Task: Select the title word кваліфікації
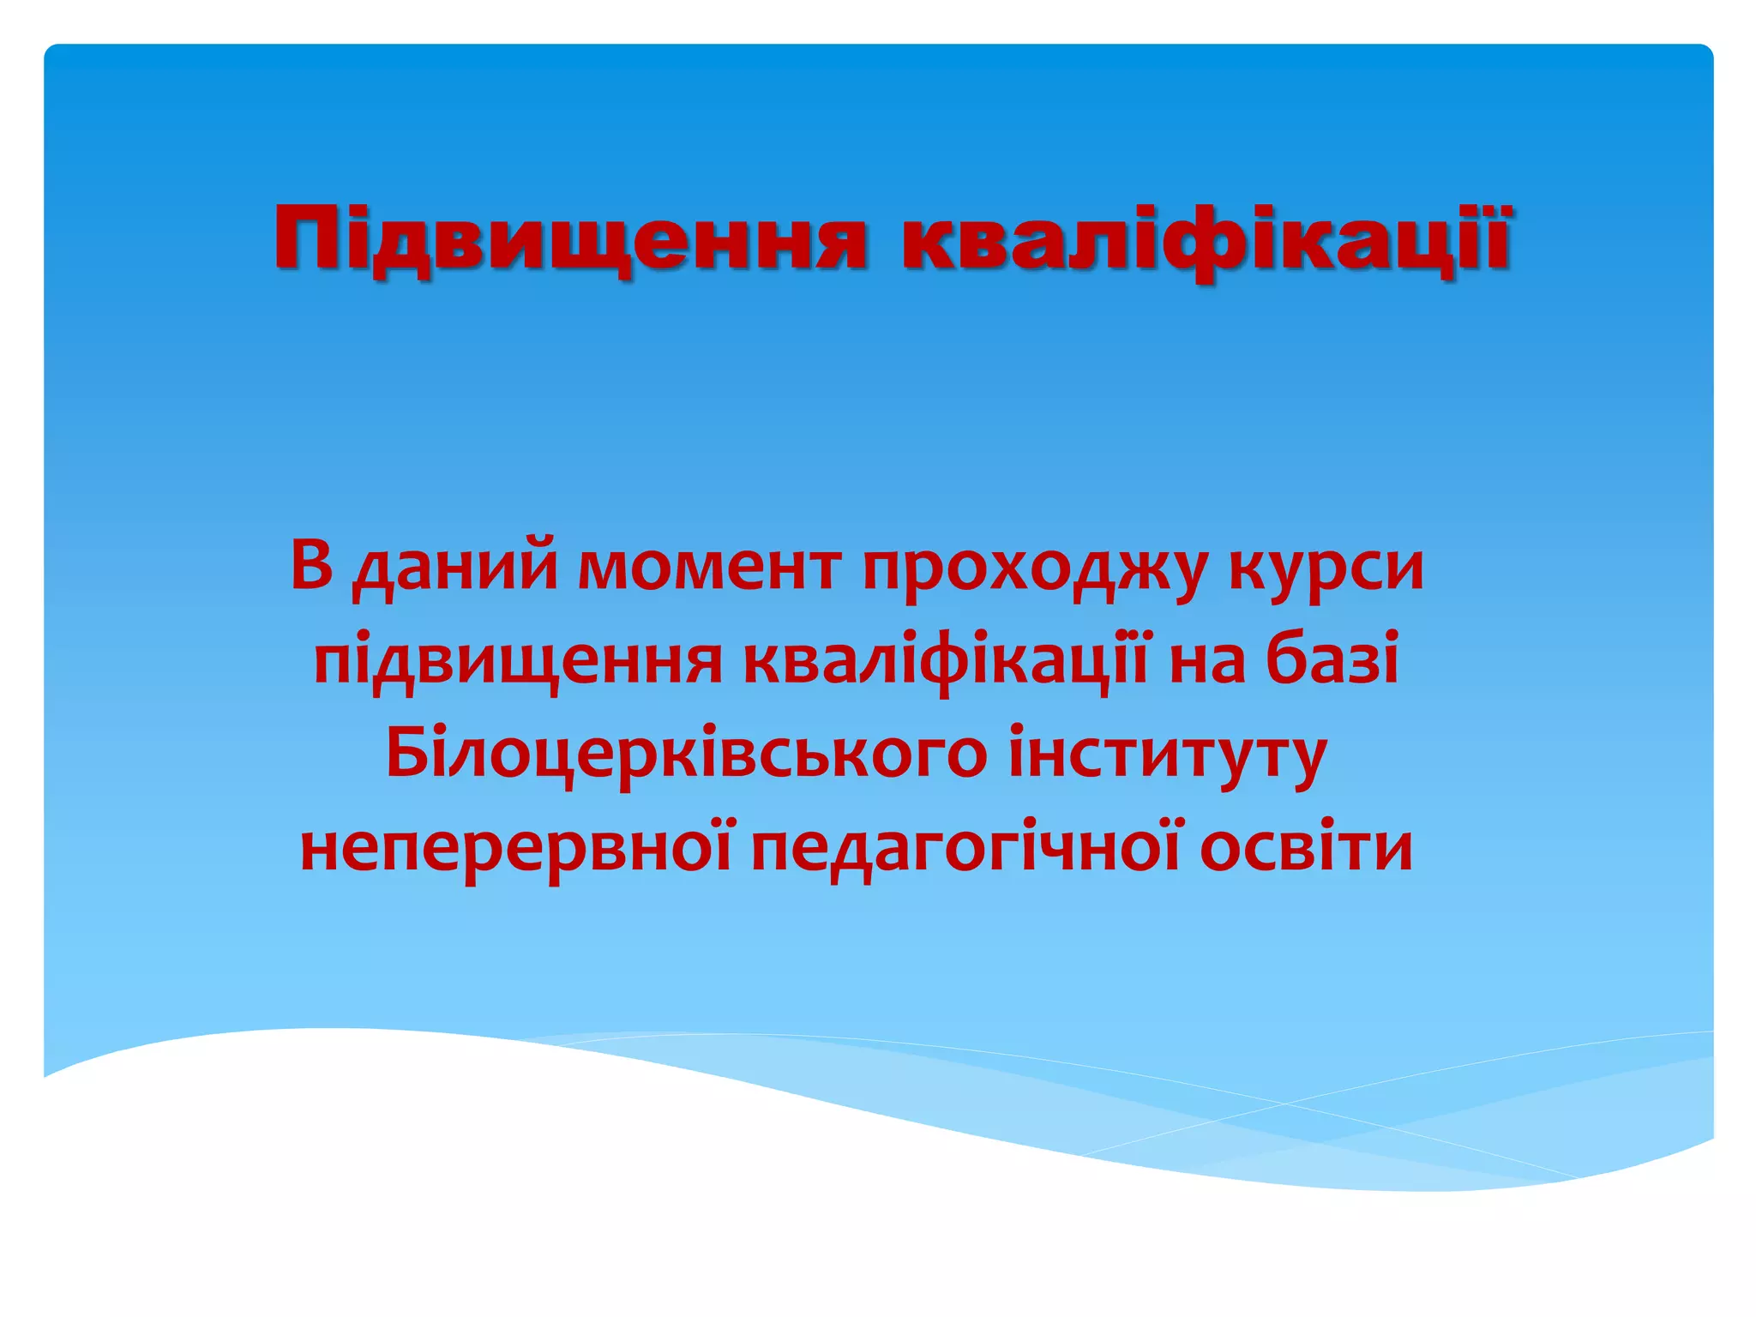point(1205,238)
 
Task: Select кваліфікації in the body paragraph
point(944,660)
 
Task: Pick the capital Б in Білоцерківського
point(407,753)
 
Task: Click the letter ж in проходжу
point(1137,568)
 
